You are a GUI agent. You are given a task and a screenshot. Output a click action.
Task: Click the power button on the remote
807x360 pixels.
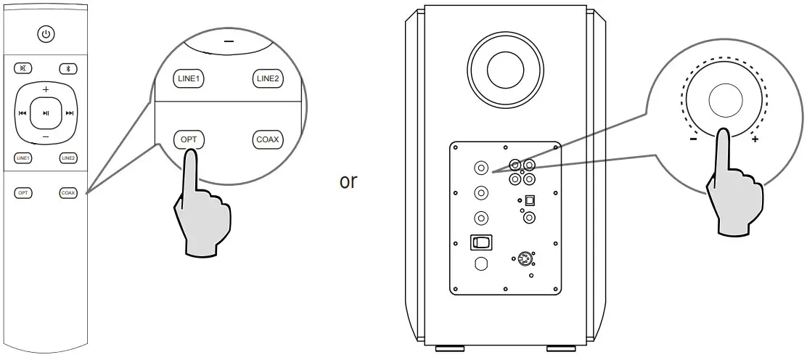point(46,33)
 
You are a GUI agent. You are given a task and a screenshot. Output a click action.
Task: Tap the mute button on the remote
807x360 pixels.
point(24,69)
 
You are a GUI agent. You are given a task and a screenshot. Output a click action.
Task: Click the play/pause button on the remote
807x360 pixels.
point(46,112)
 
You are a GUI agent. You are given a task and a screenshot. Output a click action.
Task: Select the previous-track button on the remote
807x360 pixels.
point(22,113)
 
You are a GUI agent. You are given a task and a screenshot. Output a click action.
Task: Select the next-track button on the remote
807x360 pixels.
point(70,113)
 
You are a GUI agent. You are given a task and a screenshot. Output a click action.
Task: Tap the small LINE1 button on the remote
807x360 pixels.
point(23,157)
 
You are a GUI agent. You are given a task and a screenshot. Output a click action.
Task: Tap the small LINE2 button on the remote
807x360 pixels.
point(68,157)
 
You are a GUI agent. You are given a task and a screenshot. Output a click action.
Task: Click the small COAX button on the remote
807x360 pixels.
point(68,192)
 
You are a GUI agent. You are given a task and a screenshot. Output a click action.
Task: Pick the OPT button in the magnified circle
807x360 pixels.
point(189,139)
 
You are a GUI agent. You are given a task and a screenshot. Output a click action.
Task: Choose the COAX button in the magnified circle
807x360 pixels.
point(268,139)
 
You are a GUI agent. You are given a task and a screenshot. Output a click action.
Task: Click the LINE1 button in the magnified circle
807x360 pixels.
point(189,78)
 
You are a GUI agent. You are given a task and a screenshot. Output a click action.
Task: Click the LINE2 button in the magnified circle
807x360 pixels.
point(267,78)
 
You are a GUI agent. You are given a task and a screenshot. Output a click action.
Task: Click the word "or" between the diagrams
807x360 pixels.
point(348,181)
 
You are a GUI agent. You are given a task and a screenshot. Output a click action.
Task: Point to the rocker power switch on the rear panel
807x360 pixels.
point(480,242)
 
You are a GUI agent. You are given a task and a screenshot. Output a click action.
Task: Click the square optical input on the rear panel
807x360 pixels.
point(529,200)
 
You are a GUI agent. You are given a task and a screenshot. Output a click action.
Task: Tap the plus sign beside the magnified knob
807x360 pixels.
point(755,139)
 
